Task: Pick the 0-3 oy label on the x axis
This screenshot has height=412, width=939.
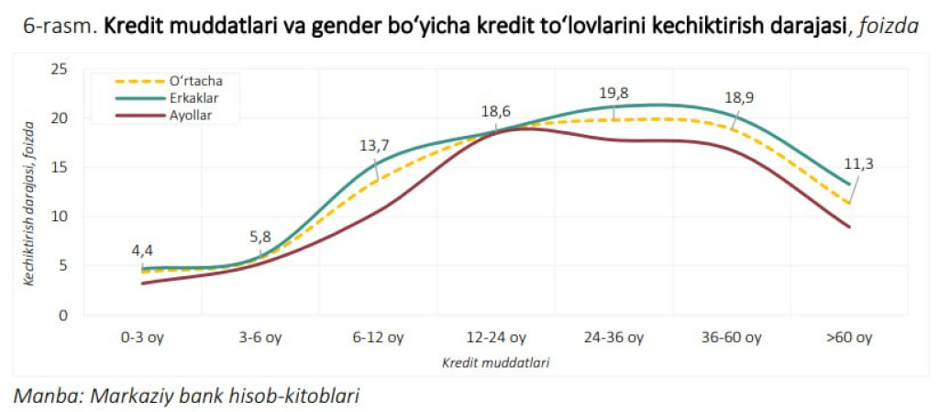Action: pyautogui.click(x=142, y=338)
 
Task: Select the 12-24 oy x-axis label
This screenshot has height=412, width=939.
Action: pyautogui.click(x=496, y=338)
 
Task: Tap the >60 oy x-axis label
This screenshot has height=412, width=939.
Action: pyautogui.click(x=849, y=338)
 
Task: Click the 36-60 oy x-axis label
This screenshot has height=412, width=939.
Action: pyautogui.click(x=732, y=338)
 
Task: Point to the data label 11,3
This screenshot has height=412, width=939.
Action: pyautogui.click(x=858, y=164)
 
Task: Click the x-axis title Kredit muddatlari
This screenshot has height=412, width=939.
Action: pyautogui.click(x=496, y=362)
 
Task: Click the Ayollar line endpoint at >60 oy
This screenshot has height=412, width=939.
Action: pyautogui.click(x=850, y=227)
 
